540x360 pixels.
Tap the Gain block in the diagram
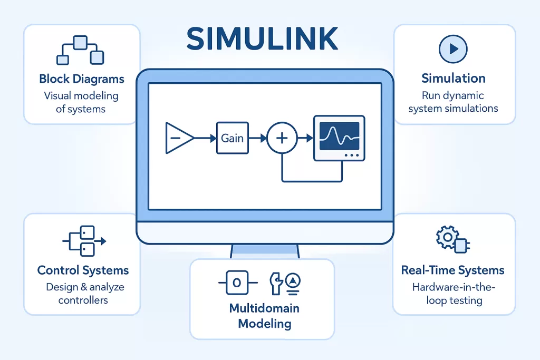(x=232, y=138)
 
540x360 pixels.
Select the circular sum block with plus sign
(x=282, y=138)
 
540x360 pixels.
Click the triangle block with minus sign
(x=177, y=138)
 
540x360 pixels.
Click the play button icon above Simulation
(x=454, y=50)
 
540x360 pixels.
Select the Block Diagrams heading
(x=82, y=79)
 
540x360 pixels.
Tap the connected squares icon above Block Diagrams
(x=81, y=51)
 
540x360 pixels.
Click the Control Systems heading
(x=83, y=270)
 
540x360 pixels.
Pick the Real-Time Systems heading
(x=453, y=270)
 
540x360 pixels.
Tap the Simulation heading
(x=454, y=79)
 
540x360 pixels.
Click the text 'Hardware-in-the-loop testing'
(x=454, y=294)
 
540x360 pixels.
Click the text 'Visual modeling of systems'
(x=81, y=102)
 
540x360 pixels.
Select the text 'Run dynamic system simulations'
(x=454, y=102)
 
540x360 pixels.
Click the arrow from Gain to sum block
(x=258, y=138)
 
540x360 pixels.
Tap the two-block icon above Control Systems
(x=84, y=241)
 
